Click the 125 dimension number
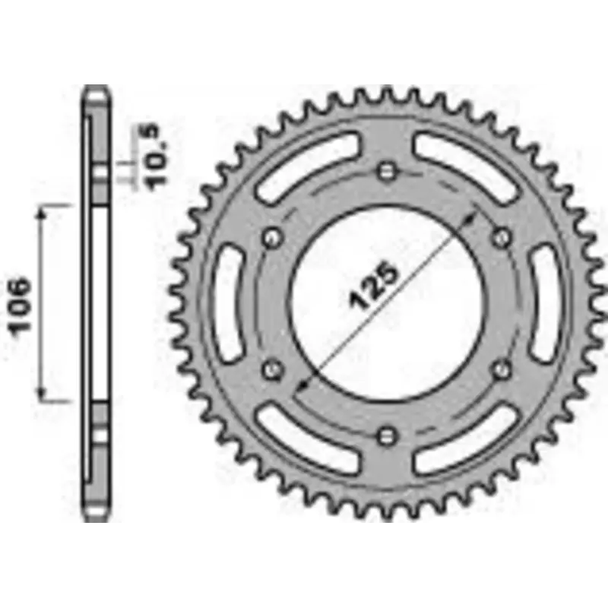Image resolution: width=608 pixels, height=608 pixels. click(374, 287)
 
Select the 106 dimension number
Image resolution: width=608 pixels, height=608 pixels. click(21, 306)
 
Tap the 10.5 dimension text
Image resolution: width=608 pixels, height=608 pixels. click(154, 157)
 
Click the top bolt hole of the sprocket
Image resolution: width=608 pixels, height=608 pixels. click(387, 171)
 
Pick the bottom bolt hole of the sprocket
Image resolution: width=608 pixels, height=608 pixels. click(387, 436)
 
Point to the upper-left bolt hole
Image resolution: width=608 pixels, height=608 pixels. click(272, 238)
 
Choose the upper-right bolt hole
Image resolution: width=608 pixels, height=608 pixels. click(502, 237)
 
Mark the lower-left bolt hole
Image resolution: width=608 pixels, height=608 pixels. click(272, 369)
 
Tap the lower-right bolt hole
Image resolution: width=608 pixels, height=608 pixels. click(502, 369)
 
